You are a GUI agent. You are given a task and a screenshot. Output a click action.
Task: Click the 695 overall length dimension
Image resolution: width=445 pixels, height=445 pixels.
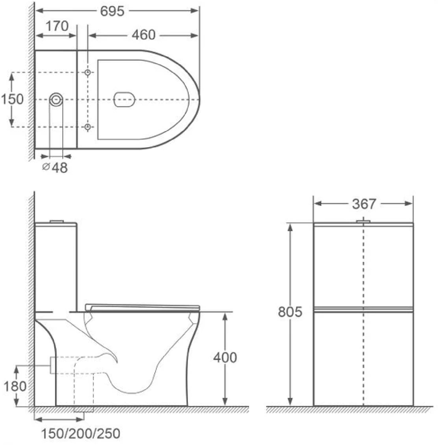tap(112, 11)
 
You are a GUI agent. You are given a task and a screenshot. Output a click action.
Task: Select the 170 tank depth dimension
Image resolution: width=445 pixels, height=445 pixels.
tap(57, 26)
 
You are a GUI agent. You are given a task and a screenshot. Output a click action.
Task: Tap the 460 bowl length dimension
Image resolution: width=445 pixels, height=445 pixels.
tap(143, 35)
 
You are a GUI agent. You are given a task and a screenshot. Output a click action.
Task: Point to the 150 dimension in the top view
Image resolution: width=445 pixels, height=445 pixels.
tap(12, 99)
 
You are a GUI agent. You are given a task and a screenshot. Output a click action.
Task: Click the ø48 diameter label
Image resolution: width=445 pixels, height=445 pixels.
tap(56, 167)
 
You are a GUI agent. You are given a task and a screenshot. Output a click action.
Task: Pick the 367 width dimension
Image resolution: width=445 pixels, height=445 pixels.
tap(364, 204)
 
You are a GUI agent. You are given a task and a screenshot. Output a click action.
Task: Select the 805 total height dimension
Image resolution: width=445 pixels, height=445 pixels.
tap(290, 312)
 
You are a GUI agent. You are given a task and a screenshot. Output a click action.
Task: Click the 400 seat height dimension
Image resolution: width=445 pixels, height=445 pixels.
tap(225, 358)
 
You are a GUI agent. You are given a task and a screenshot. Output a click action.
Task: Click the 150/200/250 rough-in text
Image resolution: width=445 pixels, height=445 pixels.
tap(80, 434)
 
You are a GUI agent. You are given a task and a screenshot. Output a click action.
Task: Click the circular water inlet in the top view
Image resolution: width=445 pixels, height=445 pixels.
tap(56, 100)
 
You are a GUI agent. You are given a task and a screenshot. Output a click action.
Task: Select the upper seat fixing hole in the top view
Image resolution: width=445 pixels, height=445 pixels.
tap(87, 72)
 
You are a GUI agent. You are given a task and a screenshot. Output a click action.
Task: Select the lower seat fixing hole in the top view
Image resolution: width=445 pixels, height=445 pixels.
tap(87, 127)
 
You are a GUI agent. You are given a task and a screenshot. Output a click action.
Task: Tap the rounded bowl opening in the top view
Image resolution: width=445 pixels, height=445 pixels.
tap(124, 100)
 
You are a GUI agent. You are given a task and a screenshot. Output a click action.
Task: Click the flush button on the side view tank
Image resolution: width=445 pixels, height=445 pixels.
tap(57, 221)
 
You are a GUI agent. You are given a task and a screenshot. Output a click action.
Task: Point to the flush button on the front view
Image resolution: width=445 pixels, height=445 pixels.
tap(363, 221)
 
